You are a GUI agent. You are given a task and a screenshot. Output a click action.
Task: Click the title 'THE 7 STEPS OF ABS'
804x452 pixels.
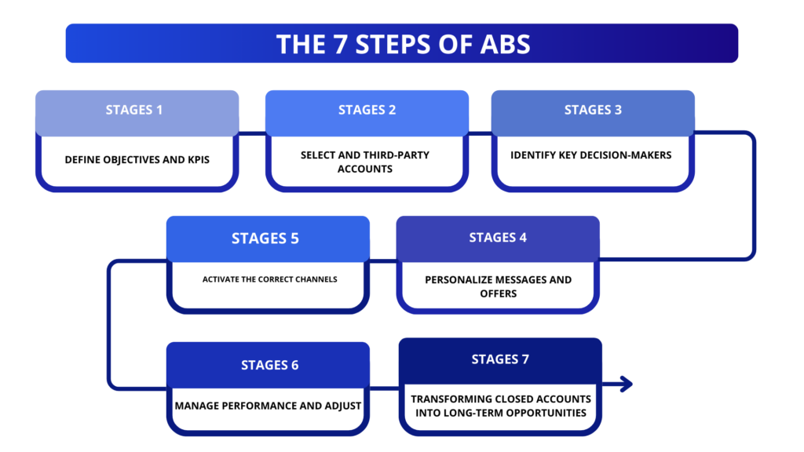click(402, 44)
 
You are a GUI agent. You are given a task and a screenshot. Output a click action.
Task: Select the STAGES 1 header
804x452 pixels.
click(134, 110)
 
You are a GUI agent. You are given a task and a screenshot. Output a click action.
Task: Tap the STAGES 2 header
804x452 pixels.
click(367, 110)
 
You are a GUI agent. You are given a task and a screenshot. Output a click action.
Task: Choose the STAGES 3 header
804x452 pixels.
click(593, 110)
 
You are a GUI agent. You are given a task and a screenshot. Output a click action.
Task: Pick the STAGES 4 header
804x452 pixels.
click(498, 237)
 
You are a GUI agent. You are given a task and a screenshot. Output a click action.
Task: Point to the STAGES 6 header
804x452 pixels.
click(269, 365)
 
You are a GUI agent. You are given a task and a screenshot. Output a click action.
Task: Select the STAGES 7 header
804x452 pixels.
click(500, 359)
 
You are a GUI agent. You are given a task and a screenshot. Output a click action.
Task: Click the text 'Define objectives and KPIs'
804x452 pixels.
click(137, 159)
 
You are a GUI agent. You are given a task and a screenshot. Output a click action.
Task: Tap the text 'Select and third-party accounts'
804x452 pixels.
click(367, 162)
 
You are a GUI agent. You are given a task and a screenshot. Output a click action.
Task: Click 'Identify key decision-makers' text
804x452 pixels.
click(591, 155)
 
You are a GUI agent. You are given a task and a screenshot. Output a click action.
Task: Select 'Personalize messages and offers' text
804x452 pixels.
click(498, 286)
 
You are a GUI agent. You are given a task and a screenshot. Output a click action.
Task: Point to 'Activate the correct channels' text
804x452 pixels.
click(269, 279)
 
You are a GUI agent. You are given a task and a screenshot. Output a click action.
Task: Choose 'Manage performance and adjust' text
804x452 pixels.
click(269, 406)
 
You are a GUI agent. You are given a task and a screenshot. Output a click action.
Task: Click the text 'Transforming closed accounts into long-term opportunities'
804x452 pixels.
click(500, 406)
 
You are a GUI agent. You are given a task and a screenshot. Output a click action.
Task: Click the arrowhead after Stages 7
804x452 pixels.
click(625, 384)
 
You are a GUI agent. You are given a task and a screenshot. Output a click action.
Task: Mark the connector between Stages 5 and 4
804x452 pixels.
click(382, 260)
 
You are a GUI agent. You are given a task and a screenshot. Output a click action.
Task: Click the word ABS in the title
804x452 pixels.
click(504, 44)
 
